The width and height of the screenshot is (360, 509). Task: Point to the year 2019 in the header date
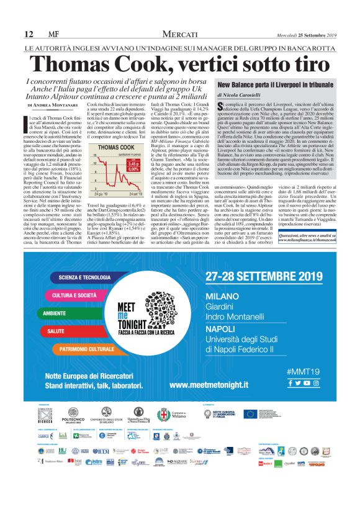point(344,34)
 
